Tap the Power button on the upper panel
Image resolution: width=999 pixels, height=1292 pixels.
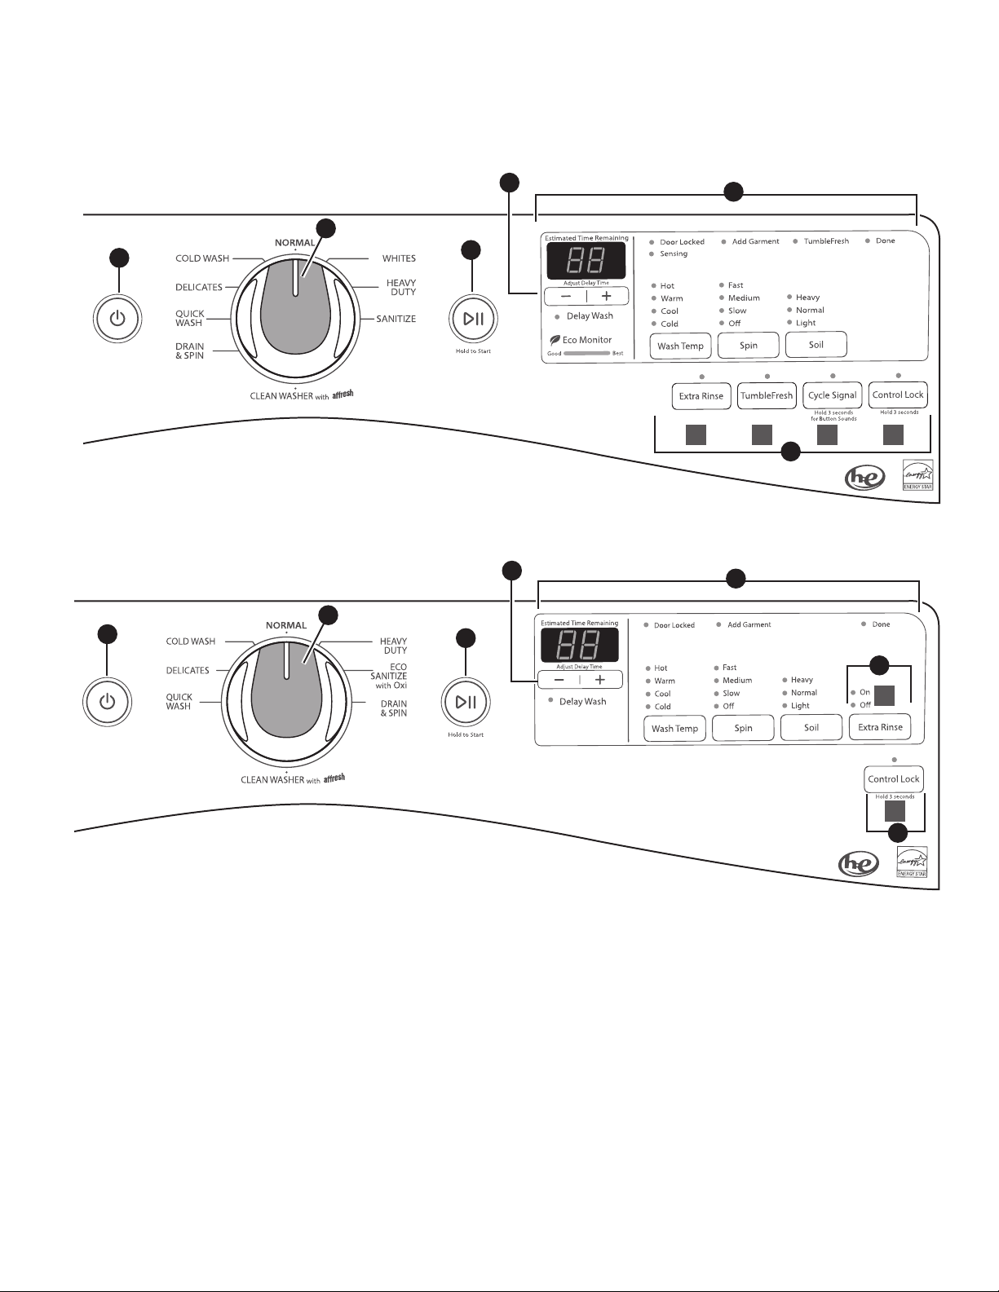[117, 318]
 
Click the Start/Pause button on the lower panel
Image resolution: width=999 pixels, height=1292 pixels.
[466, 702]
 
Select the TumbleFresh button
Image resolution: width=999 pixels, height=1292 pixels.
[767, 395]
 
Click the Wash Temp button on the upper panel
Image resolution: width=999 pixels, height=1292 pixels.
[680, 346]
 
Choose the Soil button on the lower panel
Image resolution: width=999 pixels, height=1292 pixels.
[811, 728]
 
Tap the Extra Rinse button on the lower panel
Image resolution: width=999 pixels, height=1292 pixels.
[880, 727]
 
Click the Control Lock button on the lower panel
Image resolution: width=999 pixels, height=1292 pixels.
[894, 779]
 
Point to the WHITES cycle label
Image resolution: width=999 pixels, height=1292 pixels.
[399, 258]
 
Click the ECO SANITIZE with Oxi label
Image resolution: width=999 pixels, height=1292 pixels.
[389, 676]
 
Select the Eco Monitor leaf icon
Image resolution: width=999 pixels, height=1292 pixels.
[555, 340]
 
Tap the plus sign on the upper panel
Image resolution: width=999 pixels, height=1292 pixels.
[607, 296]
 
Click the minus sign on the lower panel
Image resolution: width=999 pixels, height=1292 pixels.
[559, 680]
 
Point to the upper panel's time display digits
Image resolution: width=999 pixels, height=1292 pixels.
[586, 260]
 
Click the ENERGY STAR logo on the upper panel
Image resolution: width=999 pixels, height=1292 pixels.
[918, 474]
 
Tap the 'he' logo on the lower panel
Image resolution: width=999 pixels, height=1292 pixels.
[858, 865]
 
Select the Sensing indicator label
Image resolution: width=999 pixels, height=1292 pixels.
[674, 254]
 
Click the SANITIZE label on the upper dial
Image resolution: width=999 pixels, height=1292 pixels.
[396, 319]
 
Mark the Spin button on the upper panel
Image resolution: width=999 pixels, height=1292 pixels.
[748, 346]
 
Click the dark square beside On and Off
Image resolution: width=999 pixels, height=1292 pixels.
[884, 695]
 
